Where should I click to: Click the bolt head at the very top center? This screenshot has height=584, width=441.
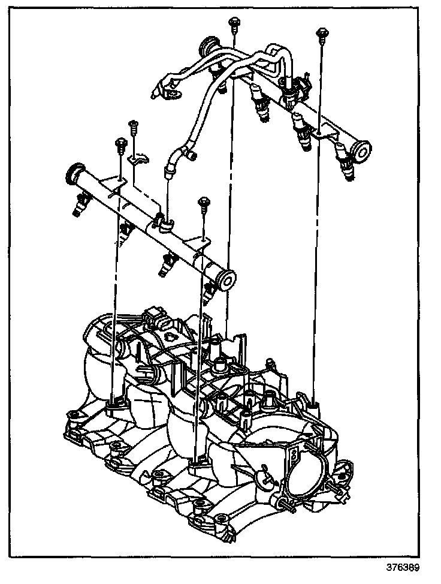click(x=232, y=23)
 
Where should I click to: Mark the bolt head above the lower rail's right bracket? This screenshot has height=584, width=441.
click(x=204, y=201)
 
